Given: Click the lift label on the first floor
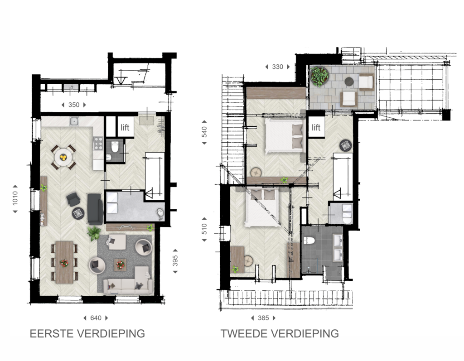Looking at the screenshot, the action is coord(125,127).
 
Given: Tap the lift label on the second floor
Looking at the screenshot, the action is coord(316,127).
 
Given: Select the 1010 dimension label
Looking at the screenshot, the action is coord(15,198).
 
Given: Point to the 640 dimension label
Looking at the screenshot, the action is coord(96,318).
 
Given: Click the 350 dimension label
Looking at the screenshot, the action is coord(74,105).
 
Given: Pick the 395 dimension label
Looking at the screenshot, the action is coord(175,261).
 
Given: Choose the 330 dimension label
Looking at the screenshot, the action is coord(278,67).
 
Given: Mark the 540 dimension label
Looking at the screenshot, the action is coord(204,132).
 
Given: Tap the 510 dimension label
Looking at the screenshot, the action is coord(204,229).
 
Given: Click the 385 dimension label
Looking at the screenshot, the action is coord(263,318).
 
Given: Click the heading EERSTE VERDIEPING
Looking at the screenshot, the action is coord(87,333).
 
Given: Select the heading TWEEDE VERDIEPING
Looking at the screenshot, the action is coord(280,333).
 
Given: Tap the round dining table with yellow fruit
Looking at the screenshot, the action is coord(63,157).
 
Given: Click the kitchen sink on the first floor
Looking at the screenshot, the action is coord(74,121).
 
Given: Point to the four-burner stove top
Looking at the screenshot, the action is coord(98,143).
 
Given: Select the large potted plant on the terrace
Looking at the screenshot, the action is coord(319,76).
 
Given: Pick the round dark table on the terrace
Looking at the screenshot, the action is coord(349,81).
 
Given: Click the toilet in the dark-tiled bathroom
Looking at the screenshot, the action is coord(309,240).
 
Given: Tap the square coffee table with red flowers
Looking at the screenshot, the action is coord(120,265).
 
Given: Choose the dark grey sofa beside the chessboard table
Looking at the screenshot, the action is coord(95,209).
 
